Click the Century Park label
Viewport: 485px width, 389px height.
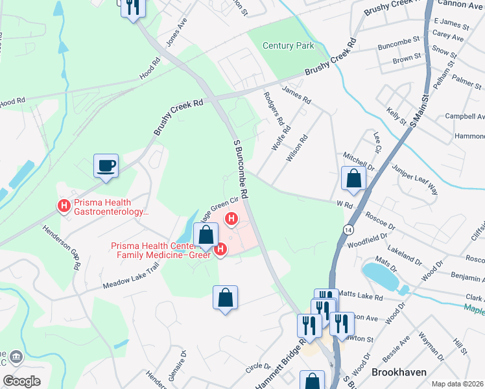pyautogui.click(x=289, y=45)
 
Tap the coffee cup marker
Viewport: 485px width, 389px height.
pyautogui.click(x=106, y=165)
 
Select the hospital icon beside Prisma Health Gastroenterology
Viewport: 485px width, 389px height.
pyautogui.click(x=64, y=206)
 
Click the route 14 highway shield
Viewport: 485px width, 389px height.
pyautogui.click(x=349, y=231)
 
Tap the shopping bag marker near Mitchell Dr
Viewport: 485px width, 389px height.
pyautogui.click(x=354, y=179)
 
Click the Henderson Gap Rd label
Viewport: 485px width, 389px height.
pyautogui.click(x=61, y=247)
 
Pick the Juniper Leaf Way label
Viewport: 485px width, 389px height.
pyautogui.click(x=415, y=180)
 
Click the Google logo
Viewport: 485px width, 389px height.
pyautogui.click(x=21, y=381)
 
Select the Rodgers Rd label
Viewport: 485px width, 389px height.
pyautogui.click(x=273, y=108)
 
